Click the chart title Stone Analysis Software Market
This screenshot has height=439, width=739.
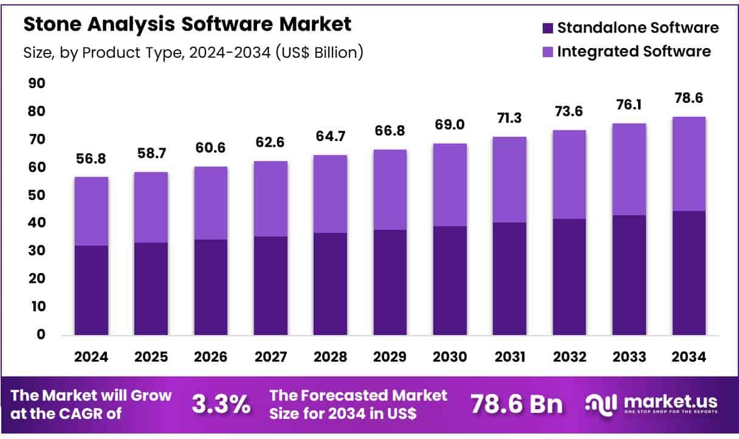pos(187,24)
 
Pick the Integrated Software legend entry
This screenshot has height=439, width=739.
pos(625,52)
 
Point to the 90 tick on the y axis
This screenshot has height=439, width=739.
pos(38,83)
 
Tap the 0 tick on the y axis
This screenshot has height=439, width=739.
pos(41,334)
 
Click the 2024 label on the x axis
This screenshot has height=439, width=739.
pos(91,358)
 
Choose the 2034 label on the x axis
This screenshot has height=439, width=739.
pos(689,358)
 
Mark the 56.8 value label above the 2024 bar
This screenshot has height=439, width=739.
pos(91,158)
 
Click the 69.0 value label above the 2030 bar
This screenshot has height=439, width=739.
pos(450,125)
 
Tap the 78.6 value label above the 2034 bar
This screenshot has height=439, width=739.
pos(689,98)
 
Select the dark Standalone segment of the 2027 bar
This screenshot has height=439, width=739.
pos(270,286)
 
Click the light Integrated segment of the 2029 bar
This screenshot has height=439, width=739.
pos(390,190)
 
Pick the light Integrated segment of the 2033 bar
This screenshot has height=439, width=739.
pos(629,169)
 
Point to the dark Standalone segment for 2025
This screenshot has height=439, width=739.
pos(151,289)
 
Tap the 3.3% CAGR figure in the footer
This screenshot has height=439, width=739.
pos(221,404)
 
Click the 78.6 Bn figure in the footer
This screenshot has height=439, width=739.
pos(517,404)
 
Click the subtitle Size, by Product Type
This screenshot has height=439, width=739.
pos(193,53)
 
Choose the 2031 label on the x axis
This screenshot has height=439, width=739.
pos(509,358)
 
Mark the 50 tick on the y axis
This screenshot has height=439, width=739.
pos(38,195)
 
